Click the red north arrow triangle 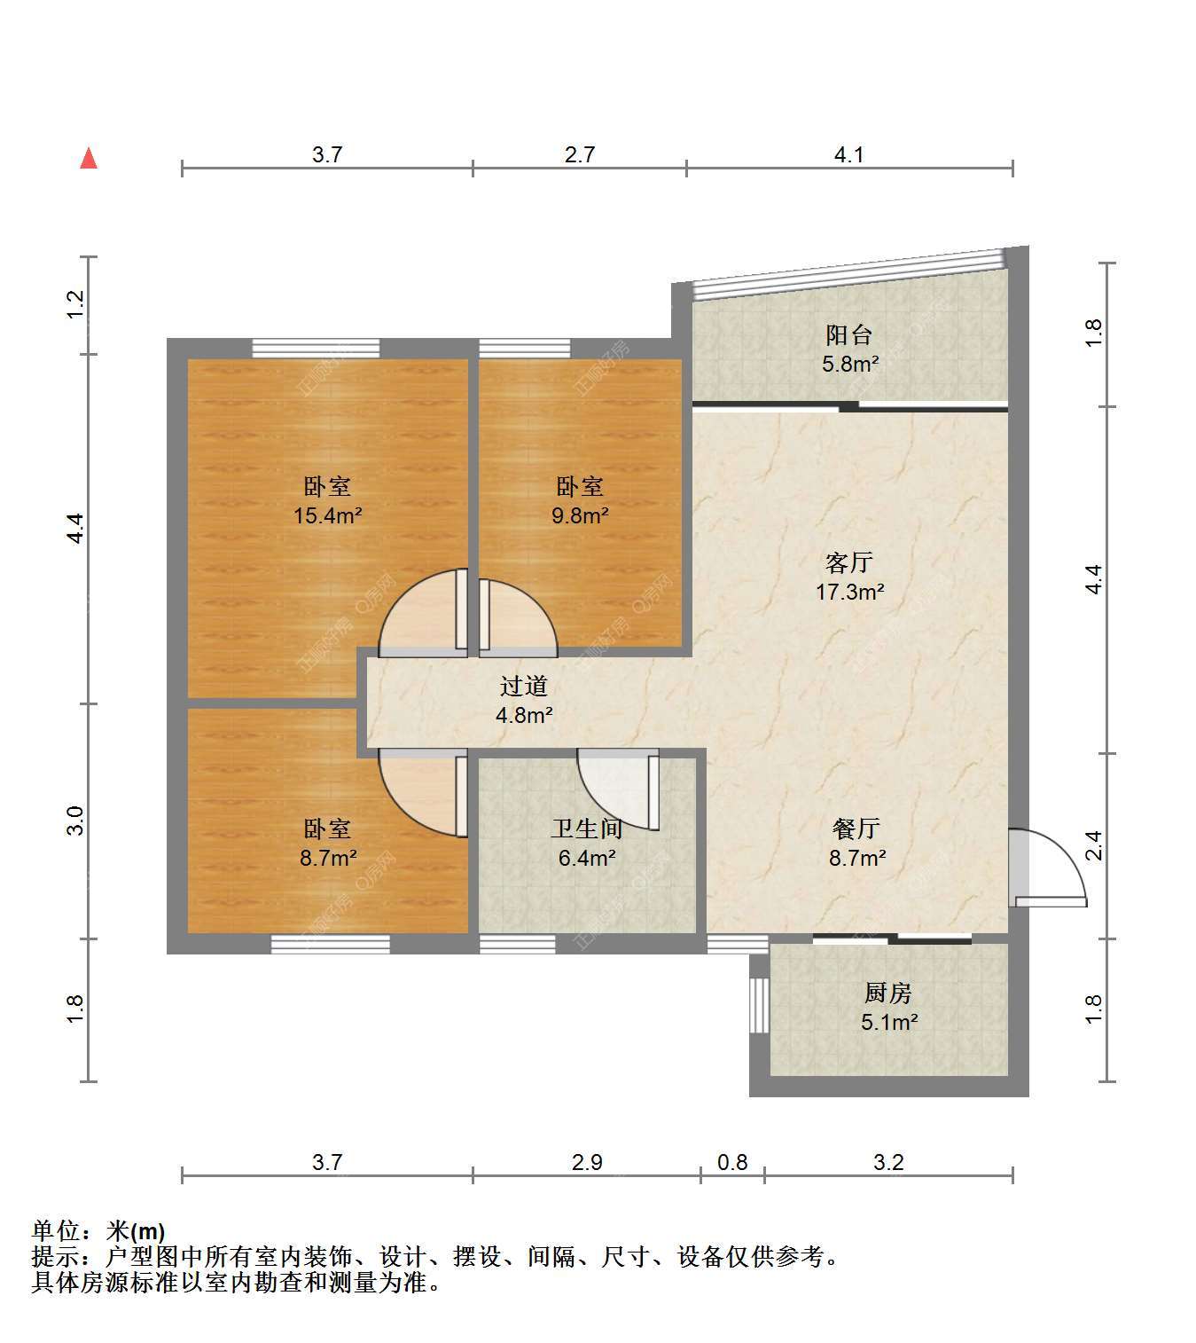(x=89, y=159)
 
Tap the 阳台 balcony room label (x=848, y=334)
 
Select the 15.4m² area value (x=328, y=515)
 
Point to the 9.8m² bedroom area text (x=581, y=515)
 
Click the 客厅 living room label (x=848, y=562)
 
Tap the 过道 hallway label (x=523, y=686)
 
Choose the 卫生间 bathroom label (x=586, y=829)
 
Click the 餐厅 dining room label (x=856, y=829)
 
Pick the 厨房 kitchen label (x=887, y=993)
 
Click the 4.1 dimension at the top (x=848, y=154)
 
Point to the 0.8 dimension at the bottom (x=732, y=1162)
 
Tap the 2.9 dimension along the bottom (x=587, y=1162)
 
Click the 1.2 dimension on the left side (x=76, y=304)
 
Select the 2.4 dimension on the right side (x=1094, y=845)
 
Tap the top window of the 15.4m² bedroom (x=316, y=349)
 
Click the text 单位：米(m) (x=98, y=1231)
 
